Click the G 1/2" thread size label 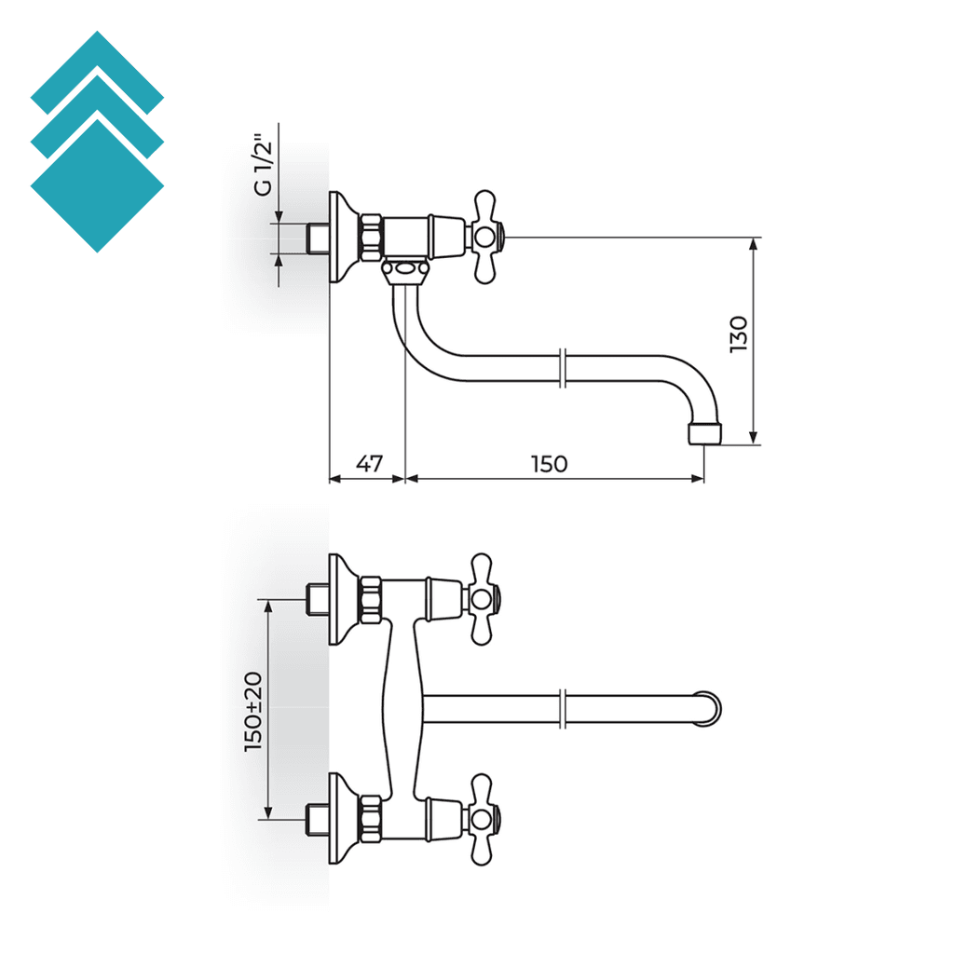point(265,164)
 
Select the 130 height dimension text point(739,334)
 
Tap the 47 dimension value point(370,463)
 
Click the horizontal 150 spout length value point(549,463)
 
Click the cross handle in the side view point(486,237)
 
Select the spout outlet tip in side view point(703,434)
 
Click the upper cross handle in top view point(484,599)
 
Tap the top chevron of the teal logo point(97,70)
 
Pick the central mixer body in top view point(402,708)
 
